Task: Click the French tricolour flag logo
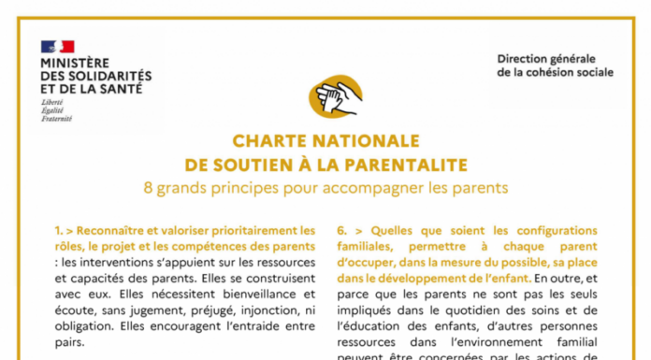tap(57, 46)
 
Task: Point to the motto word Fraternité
tap(57, 119)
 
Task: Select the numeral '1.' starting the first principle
tap(59, 230)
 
